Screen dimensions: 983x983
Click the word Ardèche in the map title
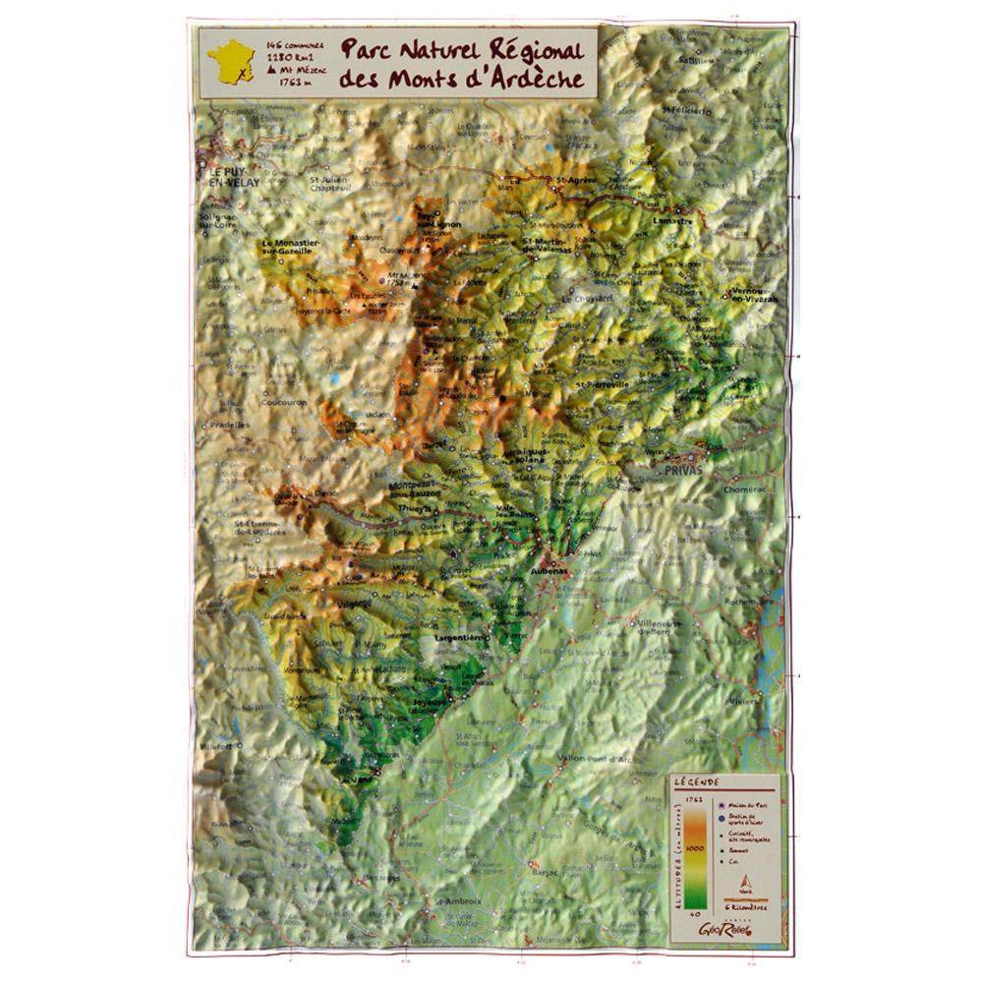point(526,79)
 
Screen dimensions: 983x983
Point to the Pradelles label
point(228,425)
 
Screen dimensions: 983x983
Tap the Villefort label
point(216,746)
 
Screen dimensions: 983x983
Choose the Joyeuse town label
point(434,703)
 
